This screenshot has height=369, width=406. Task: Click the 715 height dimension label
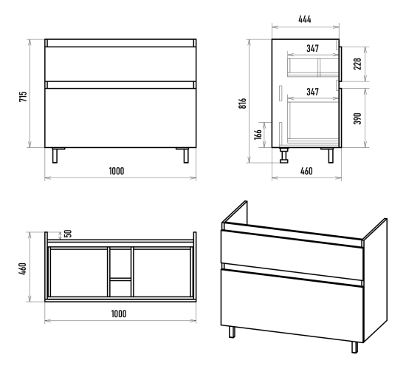[x=23, y=96]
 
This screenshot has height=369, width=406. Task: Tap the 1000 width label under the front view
[x=117, y=171]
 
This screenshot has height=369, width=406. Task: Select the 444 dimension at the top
[x=305, y=19]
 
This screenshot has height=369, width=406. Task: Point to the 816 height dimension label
[x=243, y=104]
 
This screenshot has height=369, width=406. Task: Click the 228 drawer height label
[x=357, y=64]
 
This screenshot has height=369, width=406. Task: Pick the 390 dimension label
[x=357, y=118]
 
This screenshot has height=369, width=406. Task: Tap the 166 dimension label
[x=258, y=135]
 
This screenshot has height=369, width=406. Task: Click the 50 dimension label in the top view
[x=68, y=234]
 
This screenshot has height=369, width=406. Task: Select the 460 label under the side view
[x=306, y=171]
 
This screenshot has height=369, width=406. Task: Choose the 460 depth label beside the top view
[x=23, y=268]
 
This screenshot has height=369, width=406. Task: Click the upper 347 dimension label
[x=312, y=49]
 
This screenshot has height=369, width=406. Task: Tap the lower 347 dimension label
[x=312, y=92]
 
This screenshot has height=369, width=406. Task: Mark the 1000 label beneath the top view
[x=119, y=314]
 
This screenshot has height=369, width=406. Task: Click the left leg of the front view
[x=55, y=155]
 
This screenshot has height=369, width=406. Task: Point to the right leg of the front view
[x=186, y=155]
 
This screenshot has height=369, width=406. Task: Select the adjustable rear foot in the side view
[x=284, y=155]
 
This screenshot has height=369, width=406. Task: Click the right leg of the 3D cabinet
[x=355, y=348]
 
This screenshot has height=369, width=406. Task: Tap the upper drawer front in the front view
[x=120, y=64]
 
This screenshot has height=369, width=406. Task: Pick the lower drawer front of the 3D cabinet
[x=292, y=305]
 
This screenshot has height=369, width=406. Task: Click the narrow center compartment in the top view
[x=120, y=272]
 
